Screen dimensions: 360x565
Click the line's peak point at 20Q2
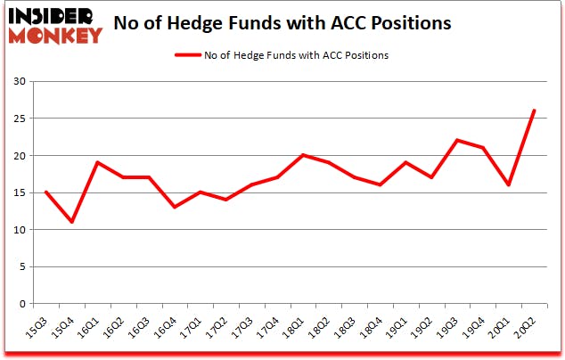tap(533, 110)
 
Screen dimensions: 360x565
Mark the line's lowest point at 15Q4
tap(70, 222)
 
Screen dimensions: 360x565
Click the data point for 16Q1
tap(96, 162)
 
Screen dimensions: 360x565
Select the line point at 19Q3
tap(456, 140)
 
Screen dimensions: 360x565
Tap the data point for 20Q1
tap(507, 184)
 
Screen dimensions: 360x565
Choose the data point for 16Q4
tap(174, 207)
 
